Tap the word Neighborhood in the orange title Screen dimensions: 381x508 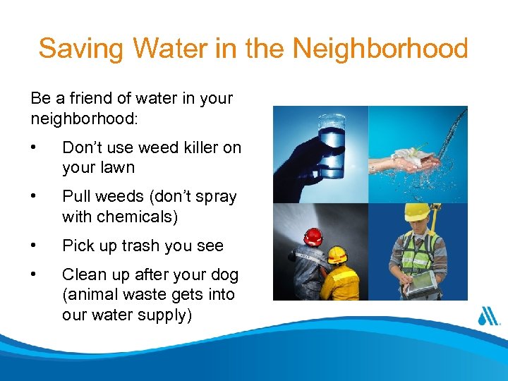pos(380,49)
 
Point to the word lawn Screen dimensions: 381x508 pos(118,168)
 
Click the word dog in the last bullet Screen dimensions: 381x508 pos(224,274)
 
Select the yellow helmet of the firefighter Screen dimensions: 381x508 pos(338,253)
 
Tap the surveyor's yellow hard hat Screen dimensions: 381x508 pos(417,212)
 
